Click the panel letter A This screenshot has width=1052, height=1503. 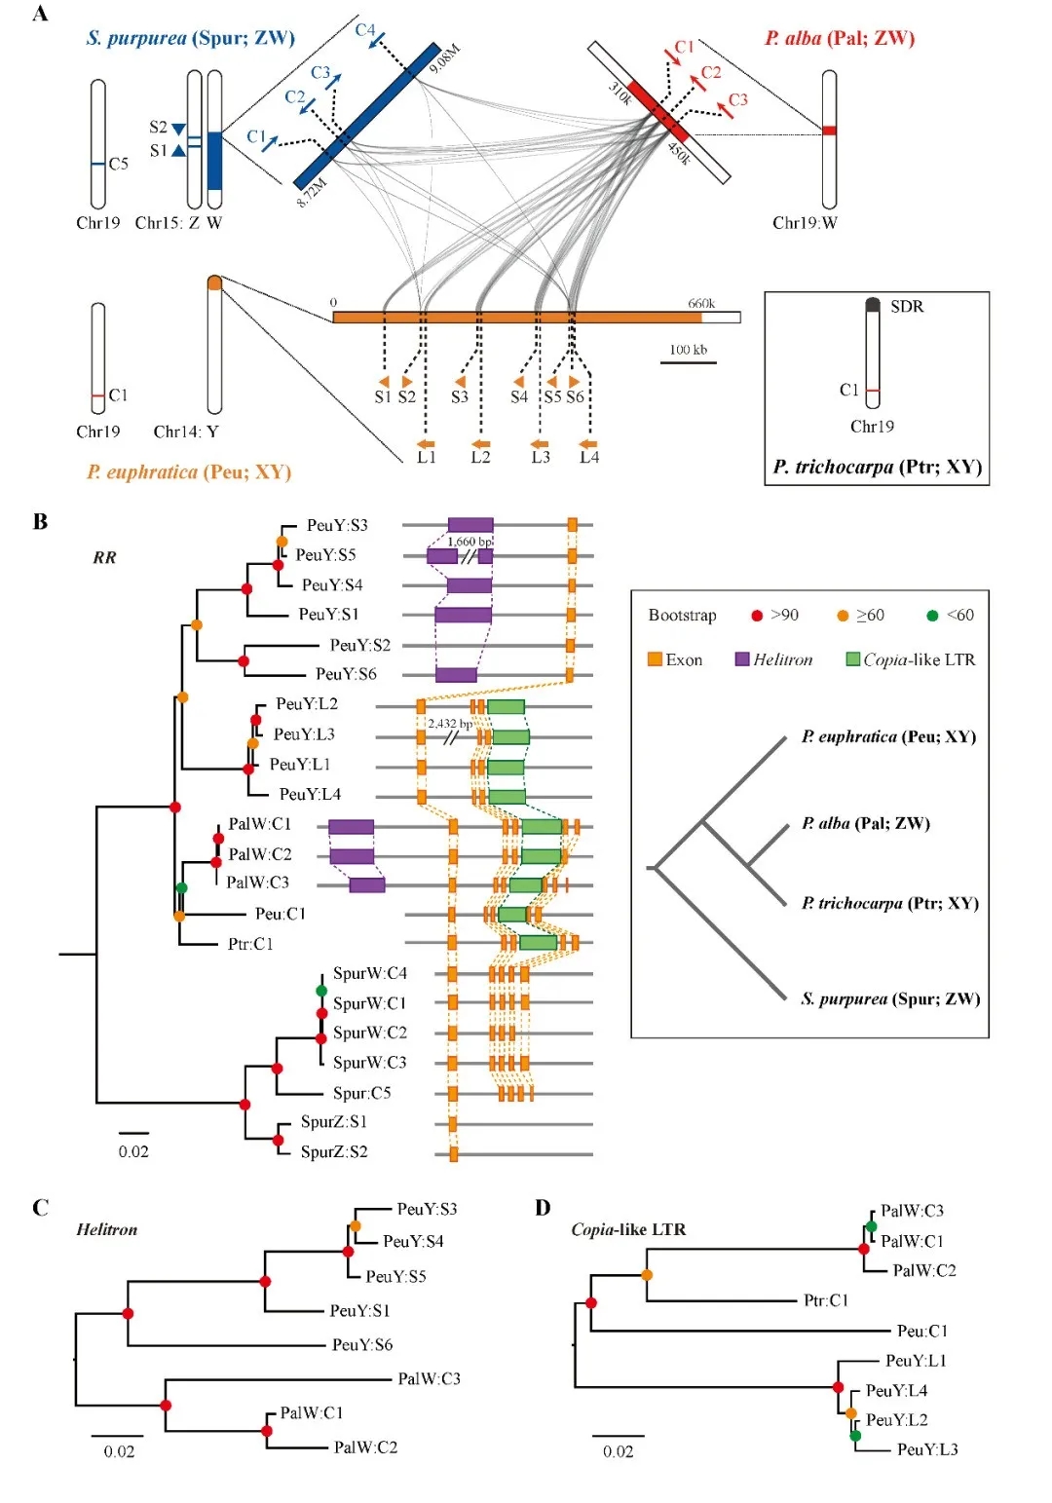click(40, 14)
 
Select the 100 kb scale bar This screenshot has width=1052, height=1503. click(688, 362)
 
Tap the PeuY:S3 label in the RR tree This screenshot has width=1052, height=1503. click(337, 526)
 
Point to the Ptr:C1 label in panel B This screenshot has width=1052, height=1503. click(250, 944)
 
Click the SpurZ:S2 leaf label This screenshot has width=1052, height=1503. click(334, 1151)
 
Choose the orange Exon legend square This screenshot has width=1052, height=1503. click(655, 659)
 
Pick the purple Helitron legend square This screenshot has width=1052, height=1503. click(742, 659)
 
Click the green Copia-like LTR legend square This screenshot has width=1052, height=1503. click(853, 659)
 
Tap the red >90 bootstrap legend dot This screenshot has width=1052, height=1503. click(757, 616)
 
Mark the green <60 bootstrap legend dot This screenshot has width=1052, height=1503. click(932, 616)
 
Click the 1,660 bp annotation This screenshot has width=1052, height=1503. click(470, 542)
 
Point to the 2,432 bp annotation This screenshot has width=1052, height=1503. click(449, 724)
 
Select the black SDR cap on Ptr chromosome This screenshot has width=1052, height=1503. click(873, 305)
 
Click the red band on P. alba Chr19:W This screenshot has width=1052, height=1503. click(829, 130)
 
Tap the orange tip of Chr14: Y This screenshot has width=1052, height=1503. click(214, 283)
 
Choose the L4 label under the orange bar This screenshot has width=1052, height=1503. click(589, 457)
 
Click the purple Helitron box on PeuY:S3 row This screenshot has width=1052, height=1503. click(470, 525)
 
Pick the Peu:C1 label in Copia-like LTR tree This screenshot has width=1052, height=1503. click(921, 1331)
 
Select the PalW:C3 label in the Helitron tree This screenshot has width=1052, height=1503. click(429, 1378)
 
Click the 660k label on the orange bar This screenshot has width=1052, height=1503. click(701, 304)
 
